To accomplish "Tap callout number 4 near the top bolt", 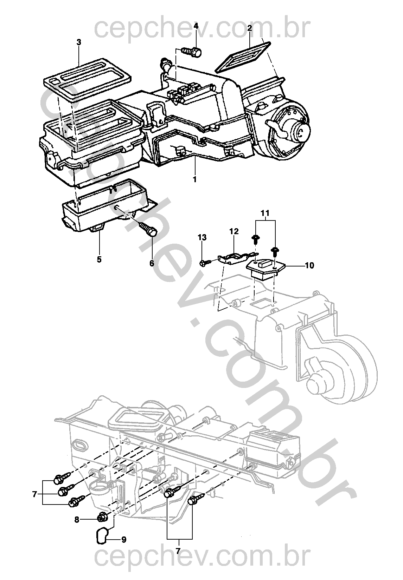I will click(x=196, y=26).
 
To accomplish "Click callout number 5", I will click(x=99, y=259).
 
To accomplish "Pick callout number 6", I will click(x=152, y=263).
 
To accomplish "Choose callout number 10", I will click(x=309, y=265).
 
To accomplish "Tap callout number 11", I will click(x=265, y=213).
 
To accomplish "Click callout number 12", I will click(x=234, y=231).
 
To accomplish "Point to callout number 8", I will click(x=77, y=519).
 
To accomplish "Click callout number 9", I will click(x=124, y=539).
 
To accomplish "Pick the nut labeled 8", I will click(x=102, y=517).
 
